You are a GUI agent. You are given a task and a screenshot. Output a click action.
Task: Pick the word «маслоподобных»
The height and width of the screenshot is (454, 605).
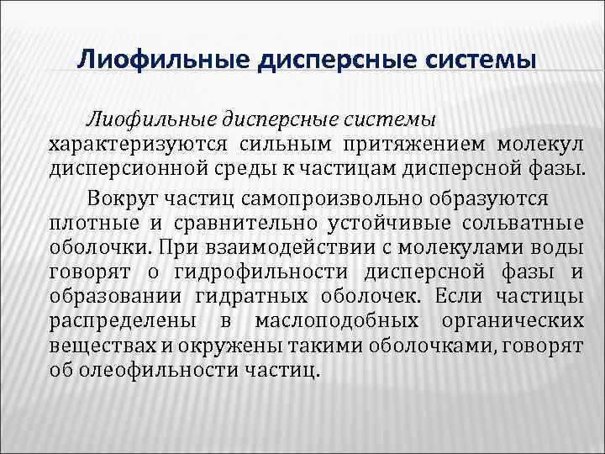pyautogui.click(x=337, y=321)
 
